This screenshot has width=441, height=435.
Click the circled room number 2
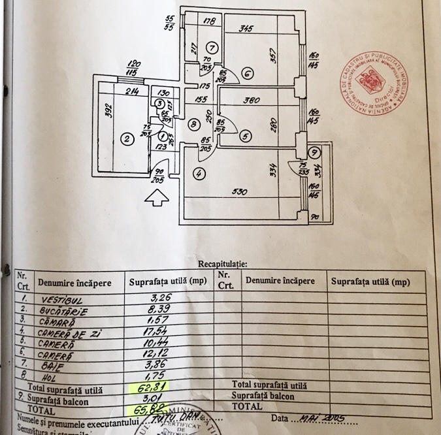tap(128, 138)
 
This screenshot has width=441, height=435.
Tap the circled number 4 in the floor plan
tap(199, 174)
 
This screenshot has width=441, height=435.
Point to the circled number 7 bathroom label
tap(212, 48)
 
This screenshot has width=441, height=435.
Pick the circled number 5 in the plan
tap(244, 137)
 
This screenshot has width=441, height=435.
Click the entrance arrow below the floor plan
tap(156, 197)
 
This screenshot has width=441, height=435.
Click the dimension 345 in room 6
tap(246, 29)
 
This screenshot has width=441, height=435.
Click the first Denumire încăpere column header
tap(79, 283)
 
